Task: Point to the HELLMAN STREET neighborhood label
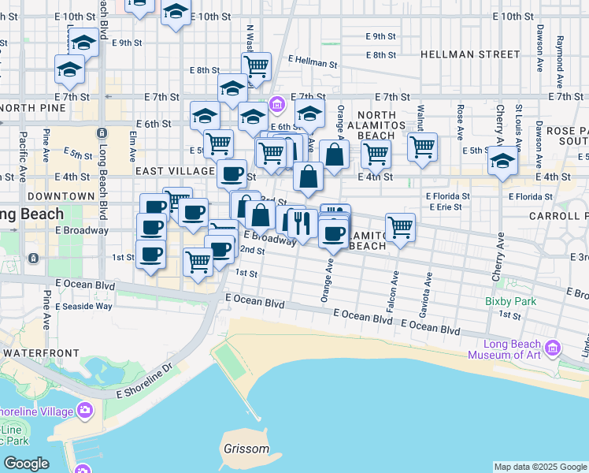click(470, 54)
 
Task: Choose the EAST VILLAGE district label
click(175, 171)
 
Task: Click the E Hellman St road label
click(313, 59)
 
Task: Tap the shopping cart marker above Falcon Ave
click(401, 227)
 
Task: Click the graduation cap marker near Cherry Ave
click(502, 161)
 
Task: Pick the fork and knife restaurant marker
click(300, 222)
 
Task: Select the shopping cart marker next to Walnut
click(423, 146)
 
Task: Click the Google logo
click(26, 464)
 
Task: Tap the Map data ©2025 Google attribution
click(540, 467)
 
